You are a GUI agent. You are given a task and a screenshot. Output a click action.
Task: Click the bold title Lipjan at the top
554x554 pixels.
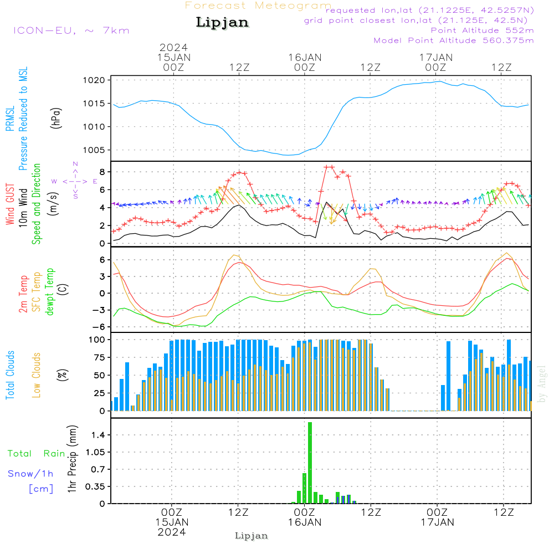point(222,23)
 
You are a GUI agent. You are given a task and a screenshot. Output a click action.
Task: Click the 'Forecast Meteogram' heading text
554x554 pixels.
point(258,6)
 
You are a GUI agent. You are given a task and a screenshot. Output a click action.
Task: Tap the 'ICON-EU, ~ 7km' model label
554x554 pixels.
point(71,30)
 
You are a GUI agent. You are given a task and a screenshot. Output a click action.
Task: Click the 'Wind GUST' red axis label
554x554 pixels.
point(10,205)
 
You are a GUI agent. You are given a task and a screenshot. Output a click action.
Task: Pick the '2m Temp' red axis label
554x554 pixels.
point(23,293)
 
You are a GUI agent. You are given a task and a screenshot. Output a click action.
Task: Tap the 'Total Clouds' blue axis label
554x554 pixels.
point(10,375)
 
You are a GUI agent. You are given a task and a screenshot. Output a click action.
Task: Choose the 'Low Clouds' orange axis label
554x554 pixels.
point(37,375)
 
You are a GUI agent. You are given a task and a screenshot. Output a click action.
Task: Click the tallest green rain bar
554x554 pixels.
point(310,463)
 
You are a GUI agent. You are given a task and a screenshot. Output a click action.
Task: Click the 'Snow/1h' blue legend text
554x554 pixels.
point(31,474)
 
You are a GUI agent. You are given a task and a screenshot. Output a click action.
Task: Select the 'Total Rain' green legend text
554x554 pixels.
point(37,454)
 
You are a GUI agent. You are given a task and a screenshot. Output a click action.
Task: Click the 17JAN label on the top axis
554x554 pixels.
point(436,58)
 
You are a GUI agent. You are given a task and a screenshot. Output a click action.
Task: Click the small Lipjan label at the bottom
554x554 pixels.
point(252,536)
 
